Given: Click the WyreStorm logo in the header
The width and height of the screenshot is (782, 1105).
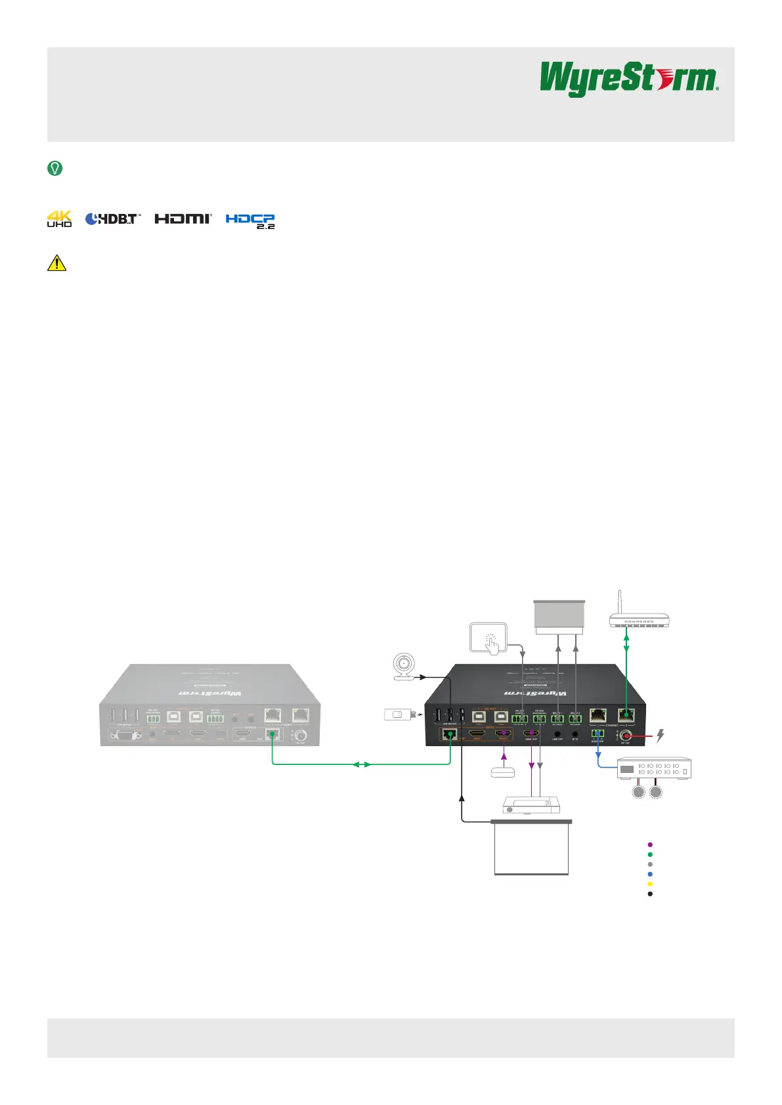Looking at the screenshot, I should (628, 79).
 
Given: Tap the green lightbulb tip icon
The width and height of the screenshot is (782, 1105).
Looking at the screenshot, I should (55, 169).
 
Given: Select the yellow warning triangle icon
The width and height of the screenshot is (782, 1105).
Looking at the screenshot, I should (57, 262).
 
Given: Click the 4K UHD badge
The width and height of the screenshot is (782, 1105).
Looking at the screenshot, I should (59, 219).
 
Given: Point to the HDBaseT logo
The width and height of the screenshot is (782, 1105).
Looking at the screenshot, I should (113, 219).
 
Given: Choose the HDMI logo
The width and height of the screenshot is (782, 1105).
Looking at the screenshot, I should (183, 219).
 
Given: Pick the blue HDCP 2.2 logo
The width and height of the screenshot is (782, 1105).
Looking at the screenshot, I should (250, 220).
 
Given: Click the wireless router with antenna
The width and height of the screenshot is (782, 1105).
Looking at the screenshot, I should (640, 614).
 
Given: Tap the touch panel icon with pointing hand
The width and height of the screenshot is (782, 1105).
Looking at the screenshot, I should (489, 638).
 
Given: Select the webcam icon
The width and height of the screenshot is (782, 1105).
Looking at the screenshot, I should (403, 667).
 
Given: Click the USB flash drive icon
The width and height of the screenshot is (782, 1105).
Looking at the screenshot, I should (398, 715).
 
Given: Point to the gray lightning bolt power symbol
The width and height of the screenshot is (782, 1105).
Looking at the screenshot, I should (661, 736).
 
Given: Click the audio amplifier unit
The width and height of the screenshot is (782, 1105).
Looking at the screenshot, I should (654, 768).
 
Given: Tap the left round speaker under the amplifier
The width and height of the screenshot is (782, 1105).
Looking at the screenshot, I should (638, 793).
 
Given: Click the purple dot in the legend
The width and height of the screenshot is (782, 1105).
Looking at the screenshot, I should (650, 844).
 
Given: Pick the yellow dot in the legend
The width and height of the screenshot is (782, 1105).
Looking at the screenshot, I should (650, 884).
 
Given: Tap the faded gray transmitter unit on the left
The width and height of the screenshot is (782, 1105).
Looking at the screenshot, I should (209, 705).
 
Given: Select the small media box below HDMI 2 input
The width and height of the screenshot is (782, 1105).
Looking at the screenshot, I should (504, 772).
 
